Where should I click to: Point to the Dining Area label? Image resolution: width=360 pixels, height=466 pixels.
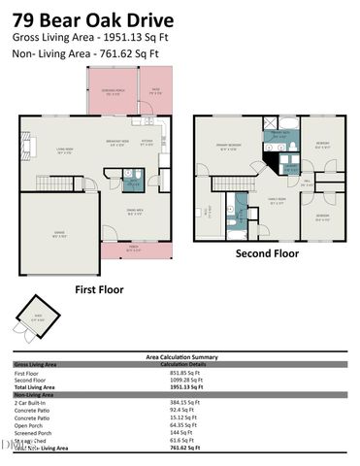click(136, 213)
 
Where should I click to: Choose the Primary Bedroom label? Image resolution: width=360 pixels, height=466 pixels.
click(229, 148)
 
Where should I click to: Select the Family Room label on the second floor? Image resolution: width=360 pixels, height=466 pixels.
click(278, 202)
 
